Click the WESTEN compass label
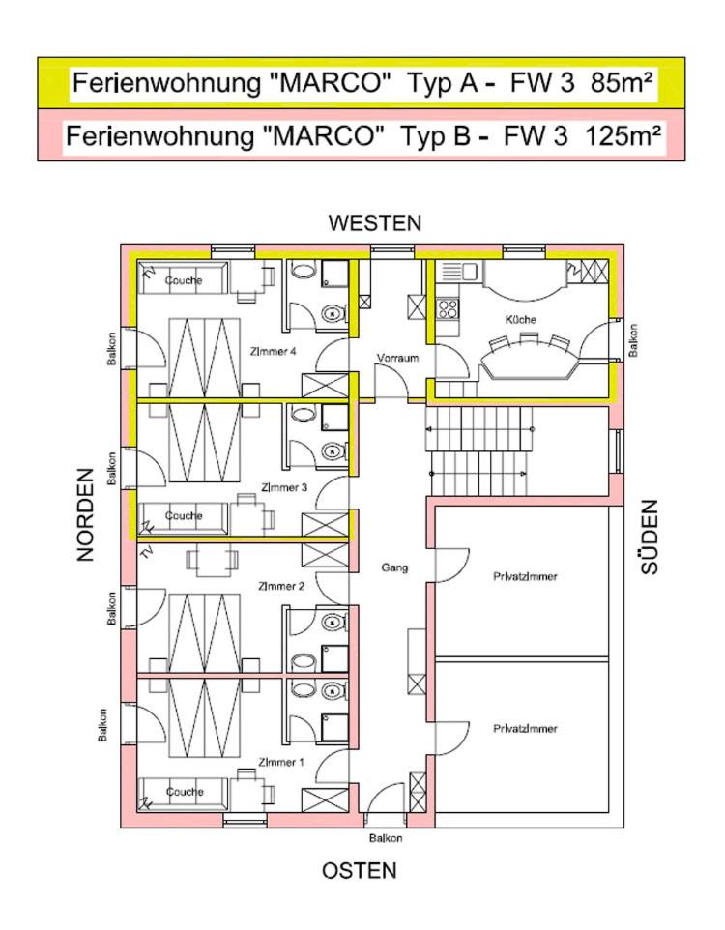374,223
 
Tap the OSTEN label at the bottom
359,871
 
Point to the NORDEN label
85,515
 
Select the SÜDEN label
650,537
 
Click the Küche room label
520,320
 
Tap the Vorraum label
397,359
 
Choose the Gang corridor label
394,567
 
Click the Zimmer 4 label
273,351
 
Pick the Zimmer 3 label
284,487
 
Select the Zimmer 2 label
281,586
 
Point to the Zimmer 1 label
281,762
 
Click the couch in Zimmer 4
184,278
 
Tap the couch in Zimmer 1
184,794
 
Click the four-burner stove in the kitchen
448,308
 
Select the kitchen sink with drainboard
457,272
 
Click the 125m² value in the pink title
623,135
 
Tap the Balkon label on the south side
633,340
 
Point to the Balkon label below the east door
386,838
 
